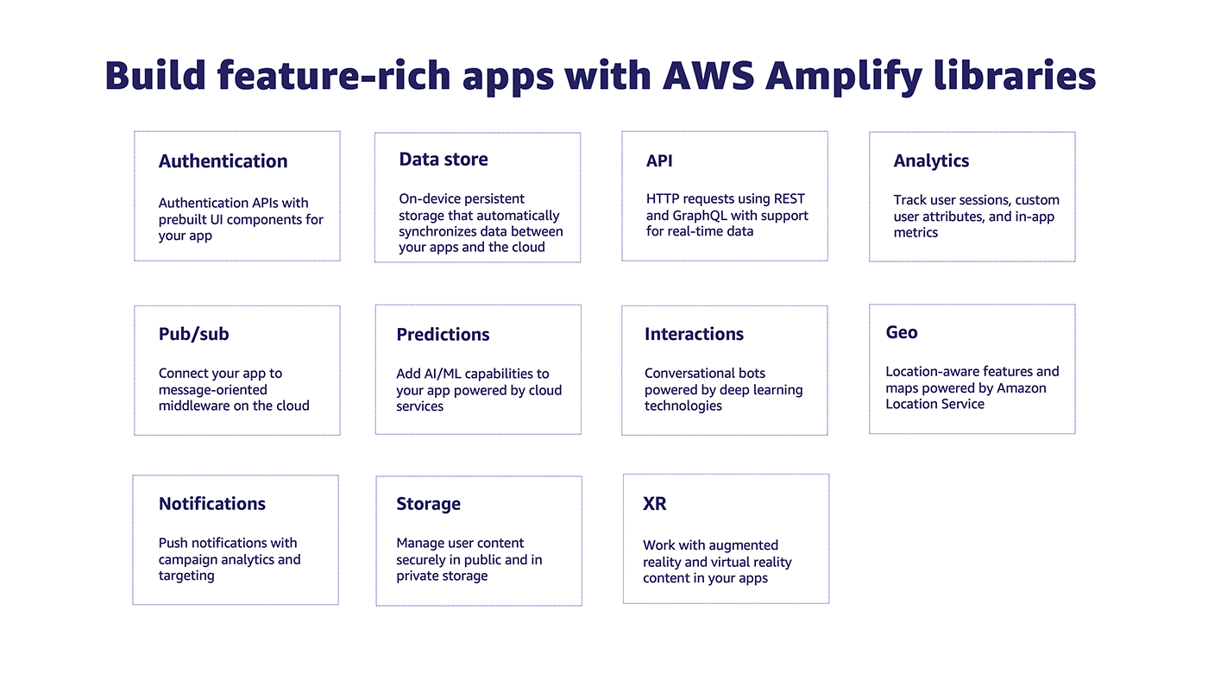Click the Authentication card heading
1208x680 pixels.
(223, 161)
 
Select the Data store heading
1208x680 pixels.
(443, 160)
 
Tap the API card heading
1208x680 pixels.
(659, 161)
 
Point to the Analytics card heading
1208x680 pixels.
(931, 161)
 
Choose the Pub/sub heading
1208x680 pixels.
(193, 334)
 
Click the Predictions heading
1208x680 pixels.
(443, 335)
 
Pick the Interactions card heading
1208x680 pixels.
(694, 334)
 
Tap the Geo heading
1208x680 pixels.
(902, 333)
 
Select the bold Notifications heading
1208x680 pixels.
(211, 504)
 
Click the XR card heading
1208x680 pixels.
(655, 504)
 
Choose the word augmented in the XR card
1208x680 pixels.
(743, 545)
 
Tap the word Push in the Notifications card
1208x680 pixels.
(173, 543)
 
